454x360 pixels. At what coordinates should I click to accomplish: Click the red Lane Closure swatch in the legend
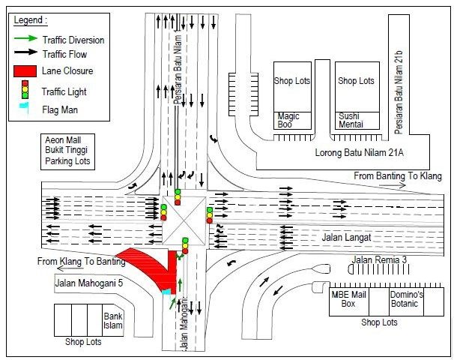coord(25,71)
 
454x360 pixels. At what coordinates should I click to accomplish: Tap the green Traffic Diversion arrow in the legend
coord(25,38)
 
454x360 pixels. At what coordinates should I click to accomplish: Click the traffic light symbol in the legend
coord(25,89)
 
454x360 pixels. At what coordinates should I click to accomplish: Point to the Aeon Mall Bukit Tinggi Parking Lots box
coord(67,151)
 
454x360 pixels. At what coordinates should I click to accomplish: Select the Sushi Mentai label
coord(351,120)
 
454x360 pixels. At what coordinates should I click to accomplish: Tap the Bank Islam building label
coord(113,320)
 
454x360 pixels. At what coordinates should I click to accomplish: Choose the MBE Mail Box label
coord(348,298)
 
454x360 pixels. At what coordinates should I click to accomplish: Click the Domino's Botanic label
coord(406,298)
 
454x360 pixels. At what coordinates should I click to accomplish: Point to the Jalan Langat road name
coord(346,238)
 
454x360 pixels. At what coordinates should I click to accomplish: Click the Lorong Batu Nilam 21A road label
coord(359,152)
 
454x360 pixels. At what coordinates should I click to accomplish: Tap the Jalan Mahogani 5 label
coord(89,283)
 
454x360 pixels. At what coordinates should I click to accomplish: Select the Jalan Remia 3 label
coord(379,259)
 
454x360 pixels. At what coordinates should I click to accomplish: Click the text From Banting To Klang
coord(398,176)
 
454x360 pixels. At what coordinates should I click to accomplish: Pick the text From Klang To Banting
coord(82,262)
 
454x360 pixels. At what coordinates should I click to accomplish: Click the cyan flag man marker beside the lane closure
coord(166,292)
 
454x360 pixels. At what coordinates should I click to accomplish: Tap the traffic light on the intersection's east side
coord(210,215)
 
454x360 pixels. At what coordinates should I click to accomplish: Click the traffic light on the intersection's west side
coord(163,212)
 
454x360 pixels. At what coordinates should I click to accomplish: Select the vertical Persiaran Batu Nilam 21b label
coord(399,93)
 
